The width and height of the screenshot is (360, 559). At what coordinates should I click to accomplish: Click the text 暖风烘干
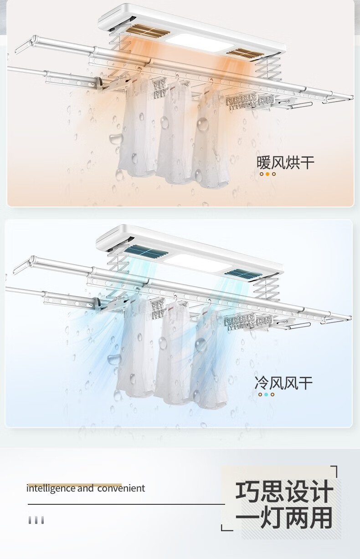tap(285, 162)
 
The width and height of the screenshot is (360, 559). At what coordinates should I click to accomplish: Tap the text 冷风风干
tap(283, 383)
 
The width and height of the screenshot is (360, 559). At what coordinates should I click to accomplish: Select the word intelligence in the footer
tap(51, 488)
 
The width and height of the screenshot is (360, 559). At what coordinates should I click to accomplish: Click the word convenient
tap(121, 488)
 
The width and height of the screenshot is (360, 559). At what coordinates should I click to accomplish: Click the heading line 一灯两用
tap(283, 518)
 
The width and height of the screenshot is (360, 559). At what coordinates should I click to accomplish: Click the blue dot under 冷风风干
tap(266, 395)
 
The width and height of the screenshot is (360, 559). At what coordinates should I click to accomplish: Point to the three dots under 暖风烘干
tap(267, 174)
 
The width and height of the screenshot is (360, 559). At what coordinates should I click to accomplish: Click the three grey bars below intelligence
tap(36, 520)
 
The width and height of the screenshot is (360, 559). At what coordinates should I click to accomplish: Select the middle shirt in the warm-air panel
tap(175, 132)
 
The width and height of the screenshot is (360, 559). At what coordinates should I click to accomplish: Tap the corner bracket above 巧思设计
tap(334, 471)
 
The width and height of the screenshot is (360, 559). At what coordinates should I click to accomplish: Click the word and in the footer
tap(85, 488)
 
